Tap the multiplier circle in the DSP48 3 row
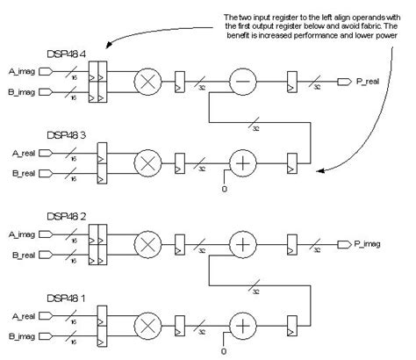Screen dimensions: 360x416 (x=146, y=163)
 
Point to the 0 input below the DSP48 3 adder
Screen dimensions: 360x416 (x=226, y=188)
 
